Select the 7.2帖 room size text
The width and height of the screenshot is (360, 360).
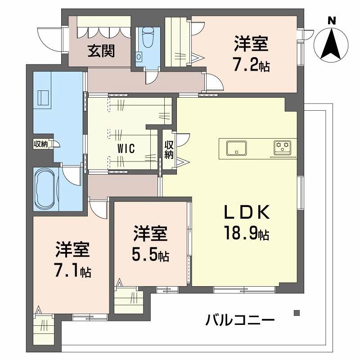coord(251,66)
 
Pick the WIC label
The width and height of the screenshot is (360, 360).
coord(125,149)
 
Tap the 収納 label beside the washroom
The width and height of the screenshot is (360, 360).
coord(40,144)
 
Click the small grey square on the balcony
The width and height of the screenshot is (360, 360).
coord(296,312)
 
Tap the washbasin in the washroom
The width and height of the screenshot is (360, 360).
coord(44,97)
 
